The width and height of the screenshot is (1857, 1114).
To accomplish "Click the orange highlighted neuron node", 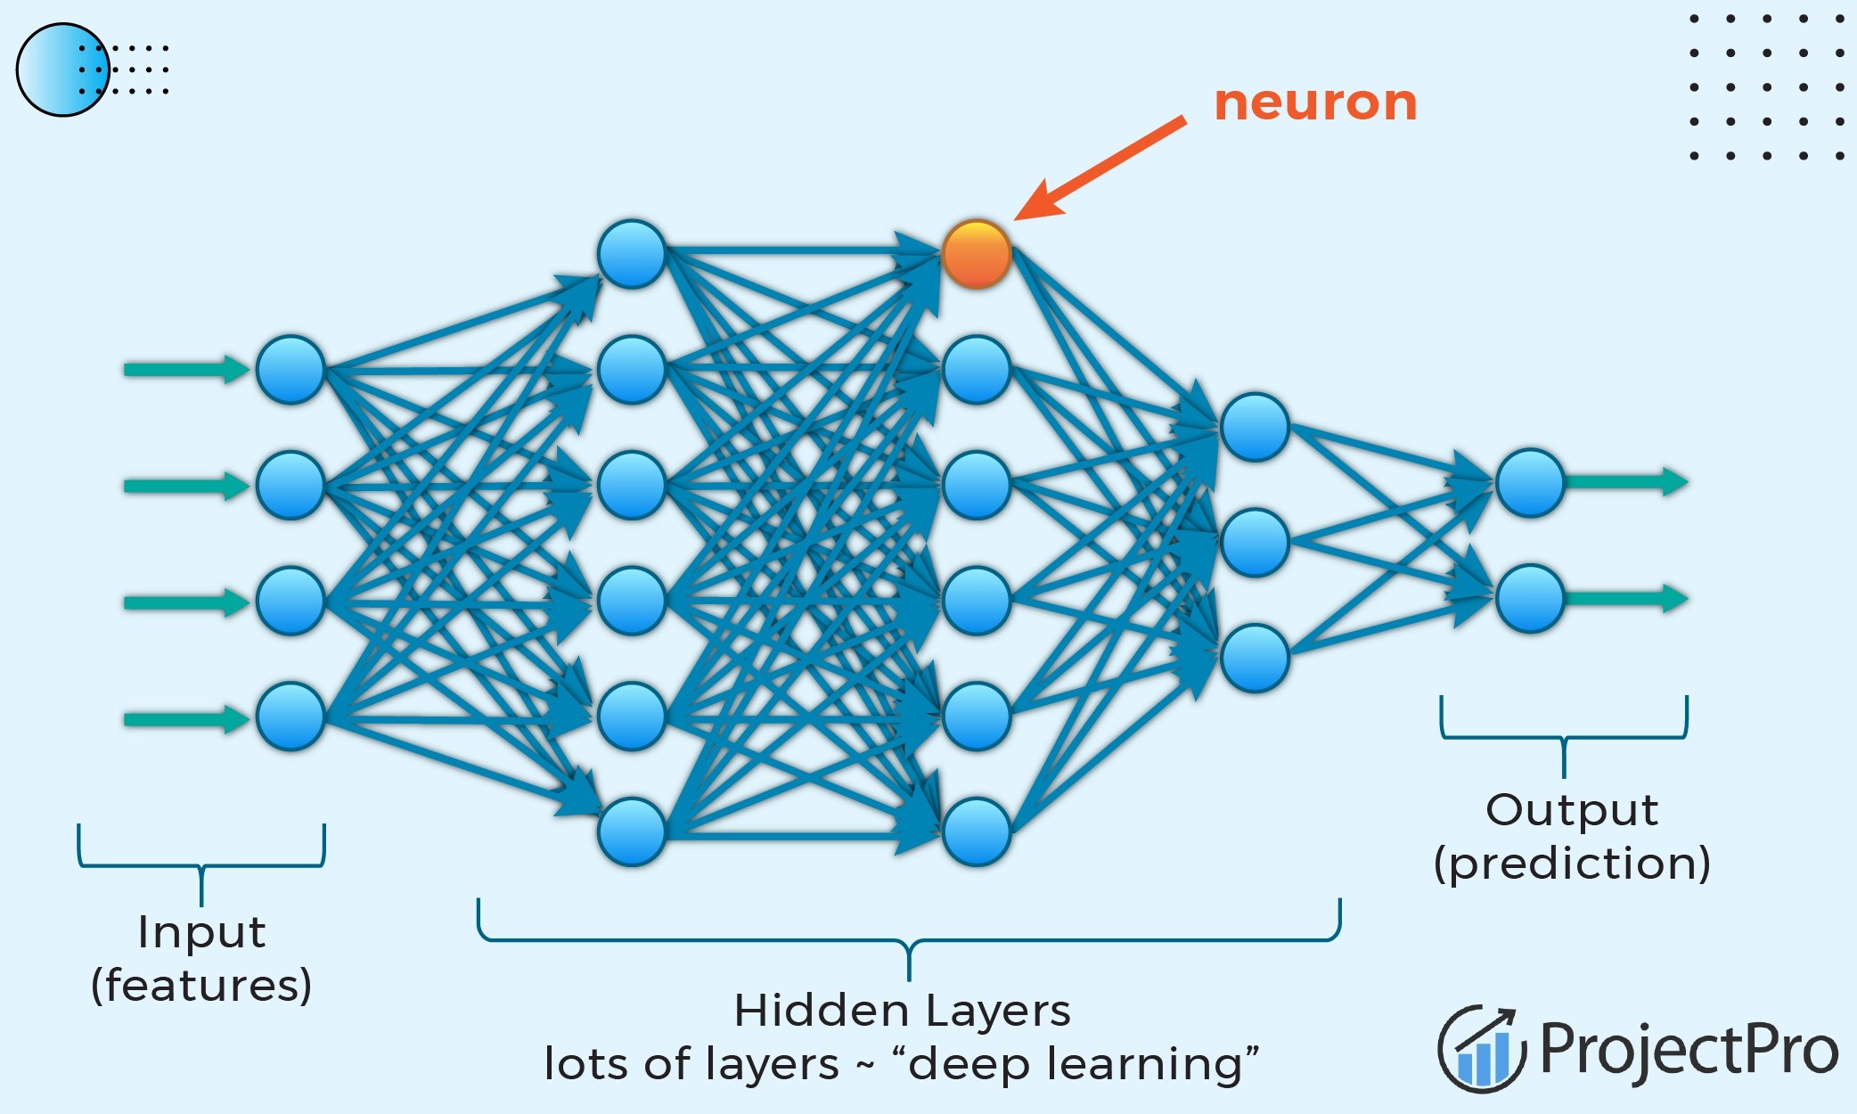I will pos(977,254).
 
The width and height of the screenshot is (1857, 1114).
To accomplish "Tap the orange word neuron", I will pos(1315,102).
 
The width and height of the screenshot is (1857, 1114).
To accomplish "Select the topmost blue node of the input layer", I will pos(290,369).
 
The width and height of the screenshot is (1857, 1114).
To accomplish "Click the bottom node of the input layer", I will pos(290,716).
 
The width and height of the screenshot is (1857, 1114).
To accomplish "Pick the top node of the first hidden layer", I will pos(632,254).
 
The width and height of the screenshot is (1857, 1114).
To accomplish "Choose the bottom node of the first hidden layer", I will pos(632,831).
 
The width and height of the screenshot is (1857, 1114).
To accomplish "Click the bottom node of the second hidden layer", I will pos(977,831).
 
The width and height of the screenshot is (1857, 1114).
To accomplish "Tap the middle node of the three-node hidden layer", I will pos(1255,542).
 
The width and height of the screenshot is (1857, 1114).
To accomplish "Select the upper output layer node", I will pos(1530,482).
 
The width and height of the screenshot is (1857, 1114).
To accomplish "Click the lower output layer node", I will pos(1530,598).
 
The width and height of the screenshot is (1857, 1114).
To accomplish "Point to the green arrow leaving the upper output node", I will pos(1626,482).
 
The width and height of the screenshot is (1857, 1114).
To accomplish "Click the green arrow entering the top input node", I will pos(185,369).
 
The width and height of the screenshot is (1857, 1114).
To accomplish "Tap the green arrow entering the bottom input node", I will pos(185,718).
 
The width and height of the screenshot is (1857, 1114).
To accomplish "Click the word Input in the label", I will pos(201,933).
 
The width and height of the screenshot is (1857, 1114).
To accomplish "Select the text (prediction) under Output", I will pos(1572,864).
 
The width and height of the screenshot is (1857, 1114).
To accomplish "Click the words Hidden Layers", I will pos(902,1011).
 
